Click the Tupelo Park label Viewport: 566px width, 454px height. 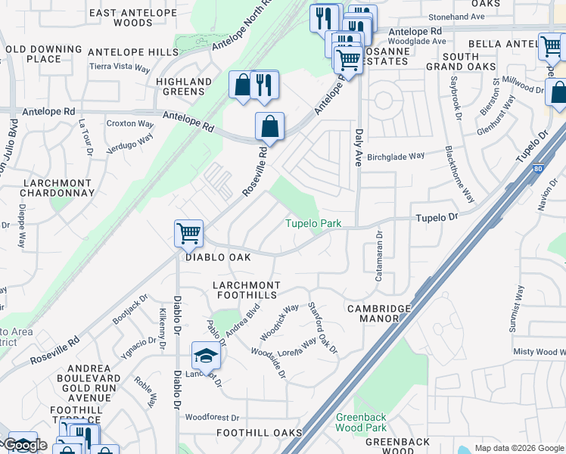tap(313, 223)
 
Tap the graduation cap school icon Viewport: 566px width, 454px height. tap(206, 355)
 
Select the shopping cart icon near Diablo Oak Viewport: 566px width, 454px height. tap(188, 232)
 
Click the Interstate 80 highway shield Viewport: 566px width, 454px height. tap(537, 169)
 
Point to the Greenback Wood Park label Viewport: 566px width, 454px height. tap(361, 422)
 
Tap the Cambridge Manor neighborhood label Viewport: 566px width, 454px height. tap(379, 313)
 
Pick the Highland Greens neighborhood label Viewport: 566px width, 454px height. tap(184, 86)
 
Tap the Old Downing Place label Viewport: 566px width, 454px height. tap(33, 54)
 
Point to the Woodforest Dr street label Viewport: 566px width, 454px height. tap(212, 417)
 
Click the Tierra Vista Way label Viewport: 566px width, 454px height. tap(120, 67)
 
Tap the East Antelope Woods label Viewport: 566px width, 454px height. tap(122, 18)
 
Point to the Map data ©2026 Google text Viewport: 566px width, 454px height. tap(518, 448)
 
